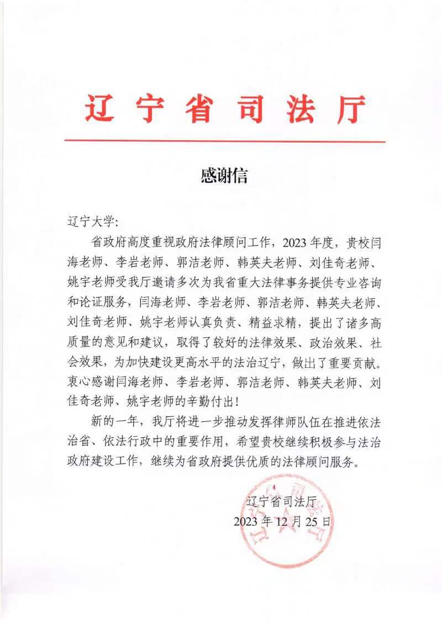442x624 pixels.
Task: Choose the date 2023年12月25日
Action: point(282,521)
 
